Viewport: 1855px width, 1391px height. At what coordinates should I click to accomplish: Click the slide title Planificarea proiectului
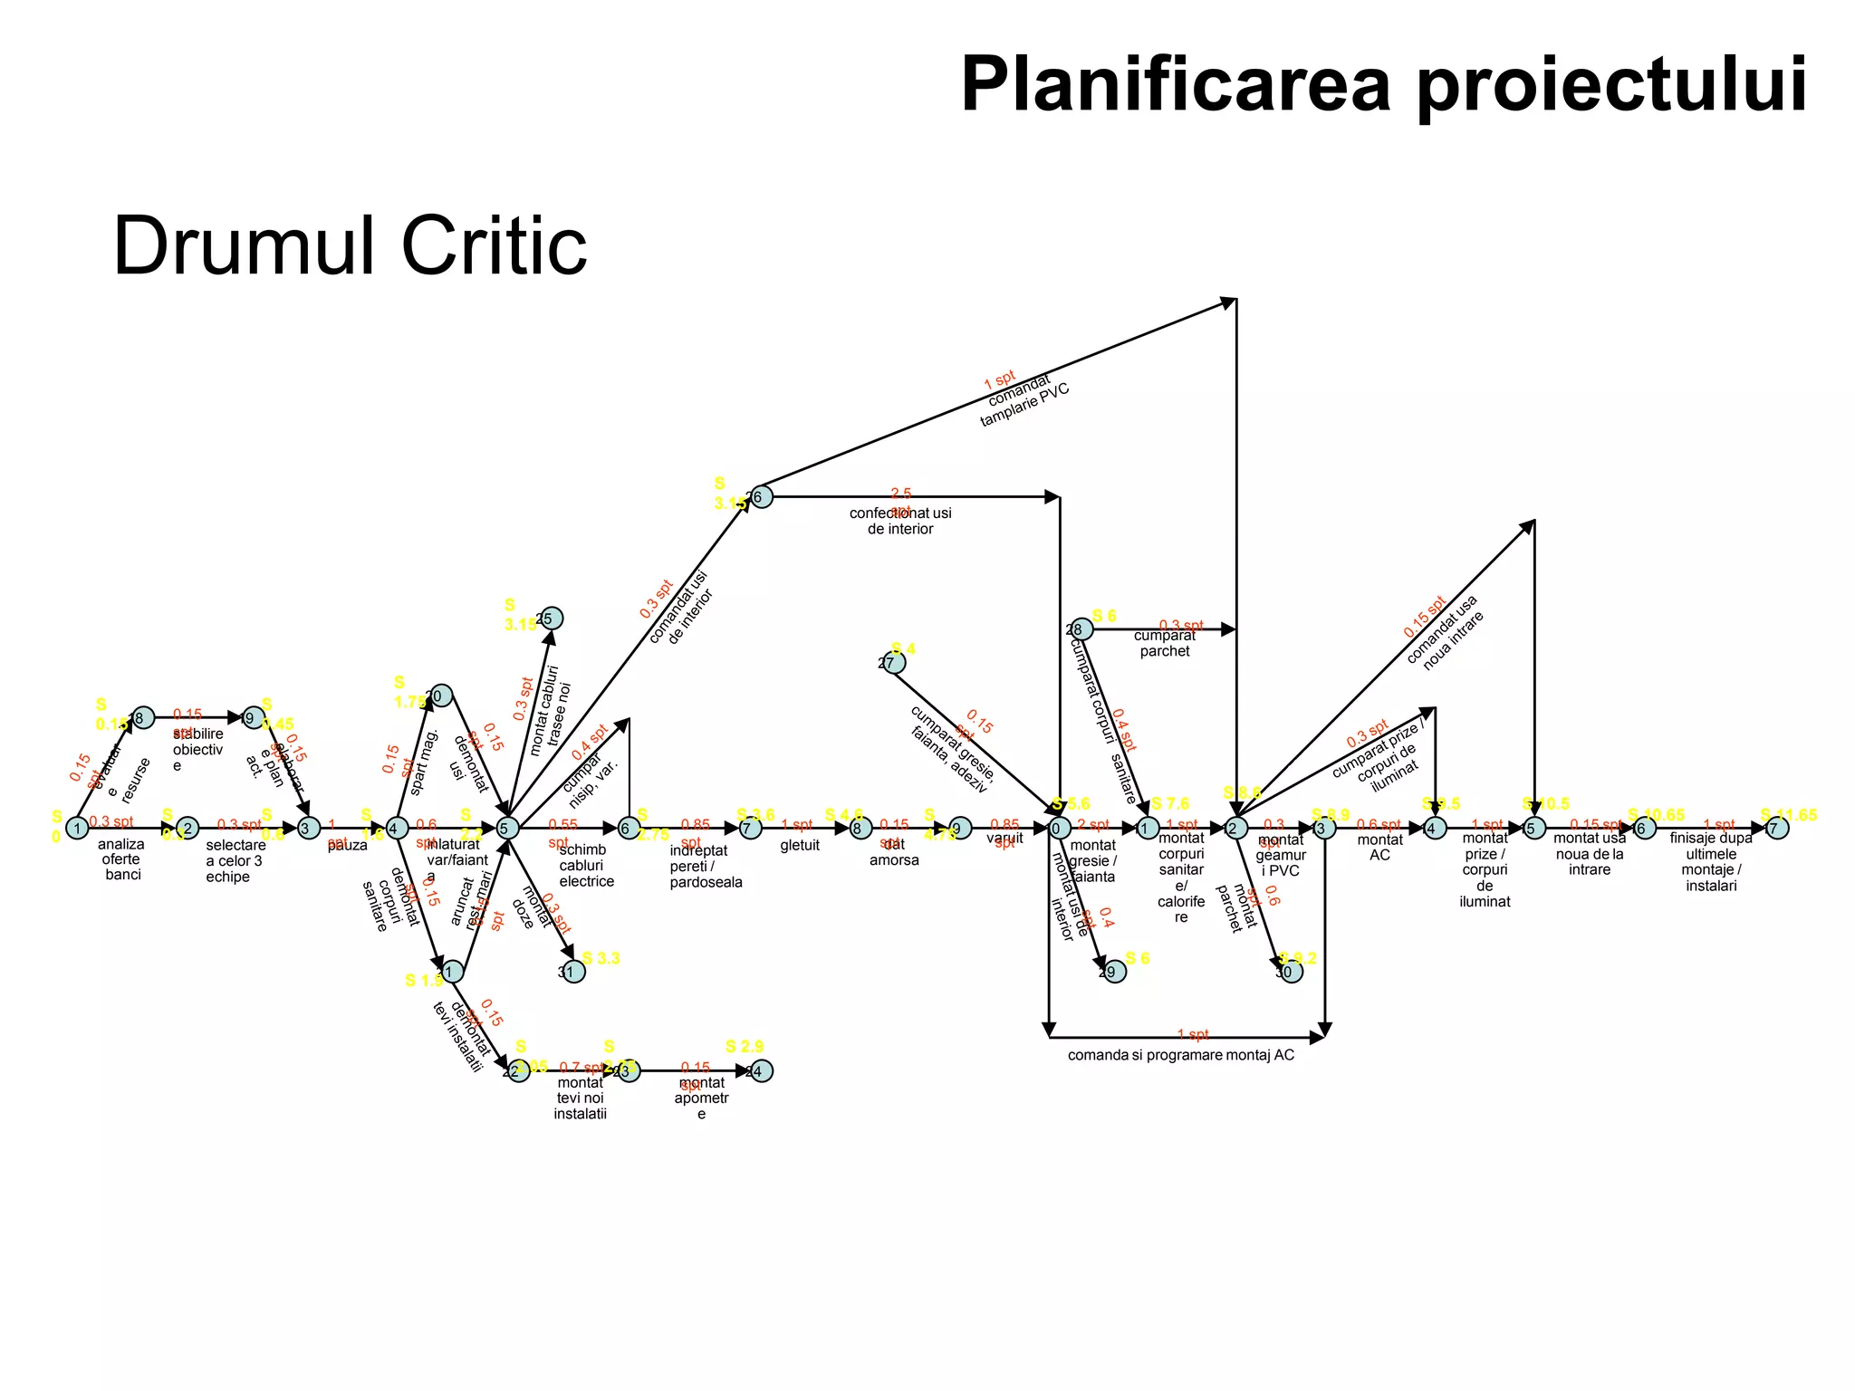[x=1384, y=85]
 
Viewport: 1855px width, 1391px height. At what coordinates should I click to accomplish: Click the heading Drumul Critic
[x=350, y=246]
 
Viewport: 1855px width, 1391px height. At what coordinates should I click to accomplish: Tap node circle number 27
[x=893, y=663]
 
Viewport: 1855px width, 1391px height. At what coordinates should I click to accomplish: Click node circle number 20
[x=440, y=695]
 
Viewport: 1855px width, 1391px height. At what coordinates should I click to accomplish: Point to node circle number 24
[x=761, y=1071]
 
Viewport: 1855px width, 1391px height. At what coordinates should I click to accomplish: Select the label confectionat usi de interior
[x=900, y=521]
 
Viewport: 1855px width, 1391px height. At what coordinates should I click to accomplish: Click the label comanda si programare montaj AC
[x=1180, y=1055]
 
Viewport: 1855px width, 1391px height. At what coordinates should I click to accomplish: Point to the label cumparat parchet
[x=1165, y=643]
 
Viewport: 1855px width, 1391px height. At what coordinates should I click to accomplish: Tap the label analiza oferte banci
[x=121, y=859]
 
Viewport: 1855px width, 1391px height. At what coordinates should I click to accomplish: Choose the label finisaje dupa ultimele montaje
[x=1710, y=861]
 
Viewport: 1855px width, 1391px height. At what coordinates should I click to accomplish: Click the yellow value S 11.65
[x=1788, y=815]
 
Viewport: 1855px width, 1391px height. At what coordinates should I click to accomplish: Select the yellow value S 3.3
[x=601, y=958]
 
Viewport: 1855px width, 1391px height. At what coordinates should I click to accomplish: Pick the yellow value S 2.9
[x=745, y=1047]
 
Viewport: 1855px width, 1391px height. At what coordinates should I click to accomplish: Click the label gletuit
[x=800, y=845]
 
